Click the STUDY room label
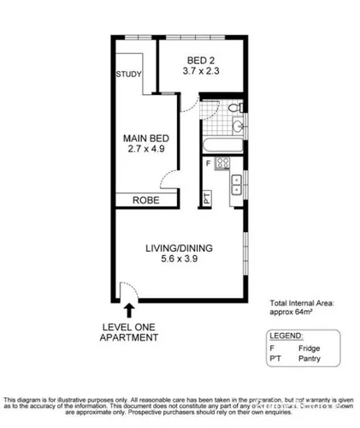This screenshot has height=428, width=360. [x=129, y=74]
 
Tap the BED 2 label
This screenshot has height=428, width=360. [x=203, y=60]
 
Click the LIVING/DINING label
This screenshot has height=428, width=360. [x=178, y=249]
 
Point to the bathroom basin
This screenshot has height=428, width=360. [x=239, y=128]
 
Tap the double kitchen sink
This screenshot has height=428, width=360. [x=237, y=182]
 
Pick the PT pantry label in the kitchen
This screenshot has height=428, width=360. [x=208, y=199]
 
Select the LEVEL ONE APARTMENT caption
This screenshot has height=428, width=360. [x=129, y=332]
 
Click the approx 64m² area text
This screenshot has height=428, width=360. [x=296, y=313]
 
